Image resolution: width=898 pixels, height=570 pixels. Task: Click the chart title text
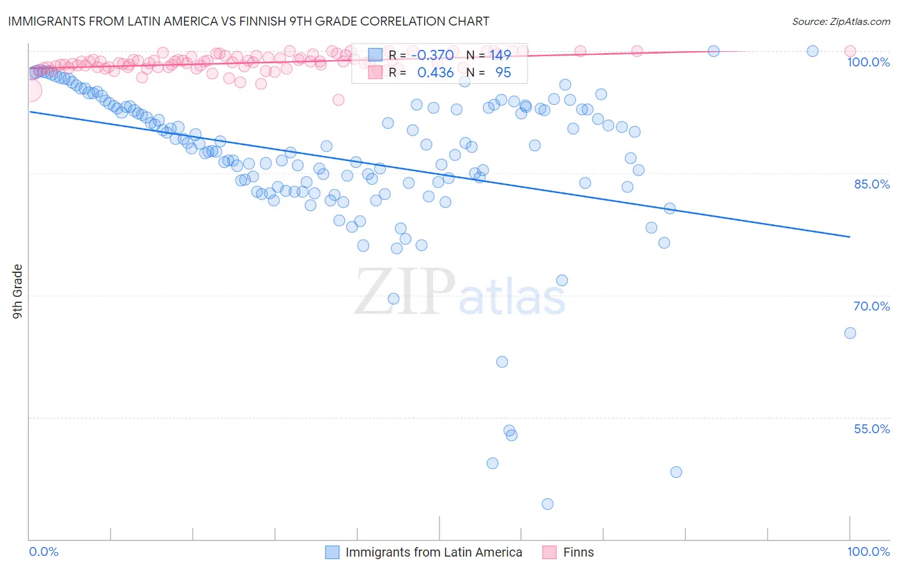(x=249, y=21)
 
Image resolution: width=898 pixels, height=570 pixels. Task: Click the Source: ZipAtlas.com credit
(x=841, y=22)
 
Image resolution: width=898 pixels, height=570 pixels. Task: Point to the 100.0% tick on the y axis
(x=868, y=62)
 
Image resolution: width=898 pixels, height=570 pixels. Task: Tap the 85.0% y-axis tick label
(x=871, y=184)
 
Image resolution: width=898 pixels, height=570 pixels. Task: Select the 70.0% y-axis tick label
(x=871, y=306)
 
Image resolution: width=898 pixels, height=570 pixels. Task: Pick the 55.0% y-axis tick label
(x=871, y=429)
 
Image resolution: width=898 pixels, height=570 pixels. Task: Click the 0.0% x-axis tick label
(x=43, y=551)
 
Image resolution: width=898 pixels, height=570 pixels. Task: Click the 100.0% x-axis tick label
(x=868, y=551)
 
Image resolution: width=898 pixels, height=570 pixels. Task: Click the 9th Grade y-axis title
(x=17, y=291)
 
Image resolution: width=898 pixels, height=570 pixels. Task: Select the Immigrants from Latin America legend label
(x=434, y=552)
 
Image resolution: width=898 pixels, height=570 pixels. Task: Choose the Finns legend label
(x=578, y=552)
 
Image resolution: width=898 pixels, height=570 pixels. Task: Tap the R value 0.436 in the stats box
(x=435, y=73)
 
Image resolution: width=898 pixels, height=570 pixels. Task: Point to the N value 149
(x=500, y=56)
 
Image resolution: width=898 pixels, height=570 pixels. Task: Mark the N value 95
(x=503, y=73)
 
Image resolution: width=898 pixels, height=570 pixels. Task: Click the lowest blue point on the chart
(x=547, y=504)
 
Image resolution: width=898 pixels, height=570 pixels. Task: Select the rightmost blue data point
(x=850, y=333)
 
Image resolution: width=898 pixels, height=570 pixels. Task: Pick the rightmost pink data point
(x=850, y=51)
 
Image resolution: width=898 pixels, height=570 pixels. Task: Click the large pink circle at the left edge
(x=30, y=91)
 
